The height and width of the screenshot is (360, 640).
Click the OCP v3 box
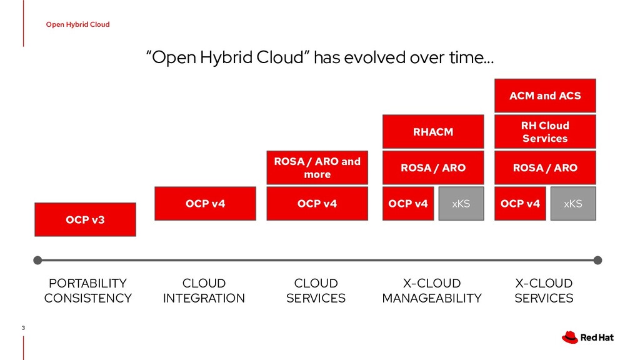coord(85,219)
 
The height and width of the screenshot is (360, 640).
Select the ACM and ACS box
coord(545,96)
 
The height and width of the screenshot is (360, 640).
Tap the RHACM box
coord(433,132)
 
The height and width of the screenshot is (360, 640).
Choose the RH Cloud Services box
coord(545,132)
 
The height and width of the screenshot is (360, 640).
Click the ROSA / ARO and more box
coord(317,167)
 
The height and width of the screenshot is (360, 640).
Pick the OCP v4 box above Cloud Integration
coord(205,204)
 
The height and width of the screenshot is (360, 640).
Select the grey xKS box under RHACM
coord(461,204)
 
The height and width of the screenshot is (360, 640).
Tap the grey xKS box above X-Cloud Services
coord(572,204)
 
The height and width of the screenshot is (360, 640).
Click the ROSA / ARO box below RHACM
coord(433,167)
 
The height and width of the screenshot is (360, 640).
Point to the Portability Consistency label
coord(87,291)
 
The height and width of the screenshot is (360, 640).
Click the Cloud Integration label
coord(204,291)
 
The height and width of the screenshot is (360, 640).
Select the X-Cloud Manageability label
coord(432,291)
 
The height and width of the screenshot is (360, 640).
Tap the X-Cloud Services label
coord(544,291)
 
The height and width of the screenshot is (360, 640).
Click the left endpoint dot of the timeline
coord(37,260)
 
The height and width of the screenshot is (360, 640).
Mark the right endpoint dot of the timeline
coord(597,260)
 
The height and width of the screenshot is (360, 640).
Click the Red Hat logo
coord(587,337)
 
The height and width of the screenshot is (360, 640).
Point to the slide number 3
coord(23,328)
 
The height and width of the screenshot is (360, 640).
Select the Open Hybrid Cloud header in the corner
coord(77,24)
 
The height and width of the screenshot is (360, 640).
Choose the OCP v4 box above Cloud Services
coord(317,204)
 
